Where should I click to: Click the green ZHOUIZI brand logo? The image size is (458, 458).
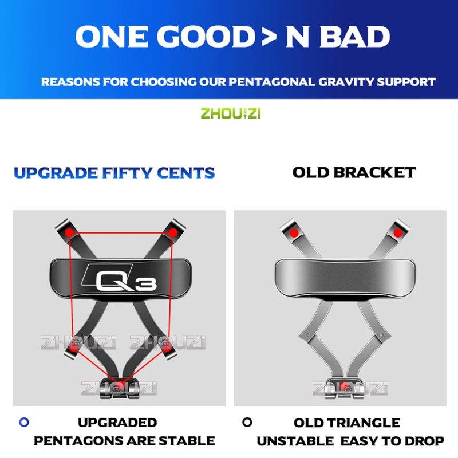tap(230, 113)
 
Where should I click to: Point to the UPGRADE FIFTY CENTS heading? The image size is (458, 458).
tap(114, 172)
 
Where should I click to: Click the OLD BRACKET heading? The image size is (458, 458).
tap(354, 172)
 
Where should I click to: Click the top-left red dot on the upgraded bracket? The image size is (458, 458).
tap(69, 232)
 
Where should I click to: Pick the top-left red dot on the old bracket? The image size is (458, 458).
tap(294, 233)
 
